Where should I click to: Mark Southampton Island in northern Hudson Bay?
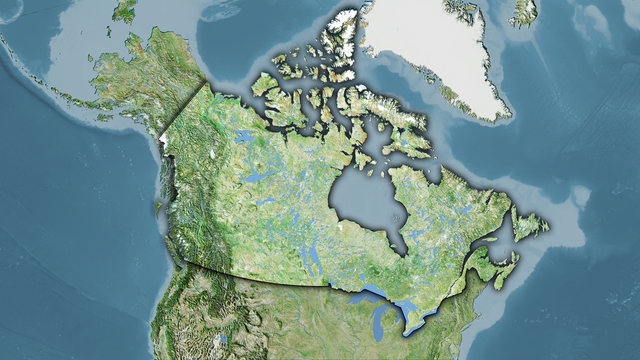pos(372,160)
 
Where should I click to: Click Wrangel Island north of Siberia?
pos(125,10)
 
